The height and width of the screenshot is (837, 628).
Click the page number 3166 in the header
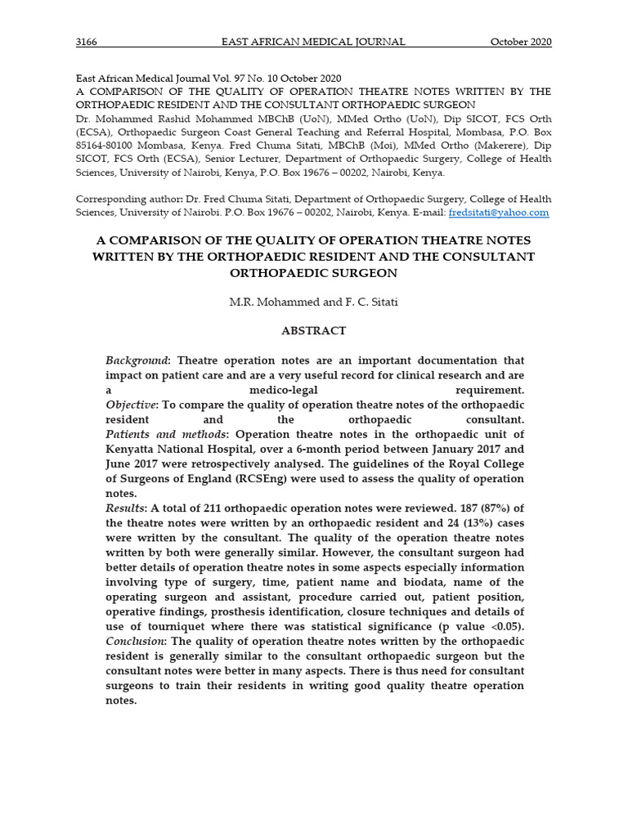(x=87, y=43)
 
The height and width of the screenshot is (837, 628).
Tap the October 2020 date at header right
(x=521, y=43)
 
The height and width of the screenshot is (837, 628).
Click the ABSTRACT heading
(x=314, y=331)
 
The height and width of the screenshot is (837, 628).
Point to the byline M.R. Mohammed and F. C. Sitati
(x=314, y=302)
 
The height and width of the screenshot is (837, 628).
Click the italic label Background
(x=137, y=360)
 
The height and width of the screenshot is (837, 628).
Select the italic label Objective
(x=131, y=405)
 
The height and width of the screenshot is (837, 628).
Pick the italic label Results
(x=124, y=509)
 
